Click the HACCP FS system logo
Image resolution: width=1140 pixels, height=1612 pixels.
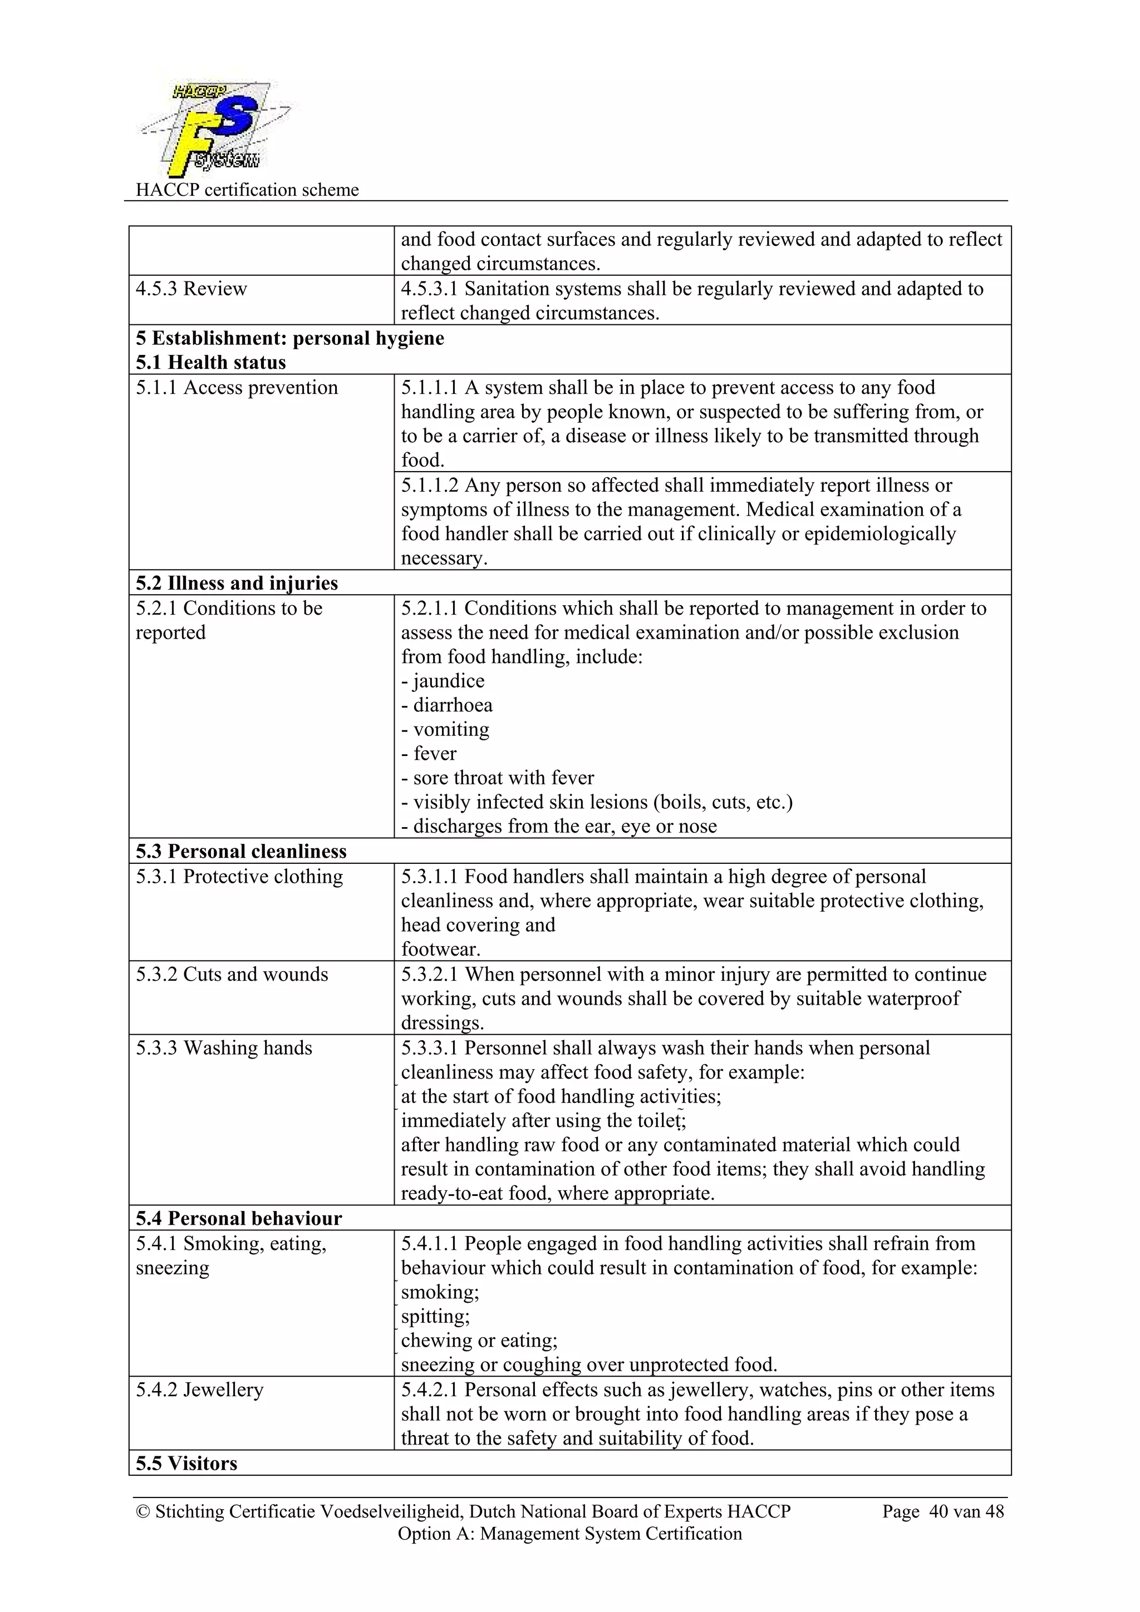[x=214, y=128]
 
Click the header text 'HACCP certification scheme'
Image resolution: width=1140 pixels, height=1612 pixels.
[x=247, y=190]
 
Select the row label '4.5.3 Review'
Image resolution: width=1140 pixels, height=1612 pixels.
[x=191, y=289]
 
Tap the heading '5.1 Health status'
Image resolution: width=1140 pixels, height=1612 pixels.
[x=211, y=362]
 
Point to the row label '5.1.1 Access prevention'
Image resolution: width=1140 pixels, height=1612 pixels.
[x=237, y=388]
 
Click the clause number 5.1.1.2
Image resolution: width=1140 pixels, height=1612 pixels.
[x=429, y=485]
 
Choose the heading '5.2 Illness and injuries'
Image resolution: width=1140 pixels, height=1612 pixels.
[x=237, y=583]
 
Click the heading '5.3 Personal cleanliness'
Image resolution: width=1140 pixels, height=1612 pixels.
[x=241, y=851]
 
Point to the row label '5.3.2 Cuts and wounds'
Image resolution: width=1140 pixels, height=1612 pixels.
[x=232, y=974]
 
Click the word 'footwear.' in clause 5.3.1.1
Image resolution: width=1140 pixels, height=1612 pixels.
[x=440, y=949]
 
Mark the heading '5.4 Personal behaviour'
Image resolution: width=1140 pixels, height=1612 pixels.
[x=239, y=1218]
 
